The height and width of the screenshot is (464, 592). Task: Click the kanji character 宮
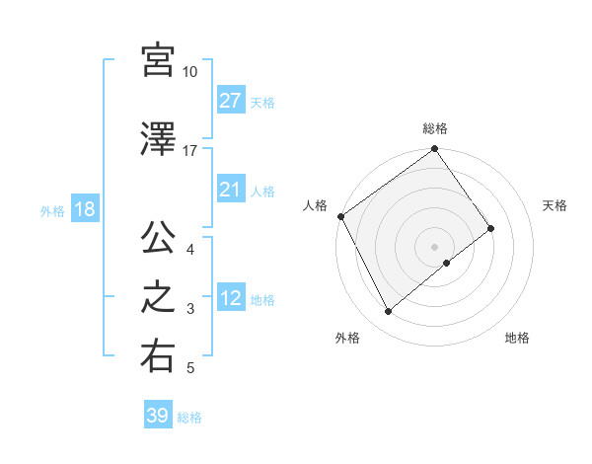click(x=158, y=60)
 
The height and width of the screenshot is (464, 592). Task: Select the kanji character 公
click(x=158, y=239)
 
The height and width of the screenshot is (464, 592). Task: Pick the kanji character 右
click(x=158, y=357)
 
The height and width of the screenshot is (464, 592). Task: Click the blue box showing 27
click(x=231, y=101)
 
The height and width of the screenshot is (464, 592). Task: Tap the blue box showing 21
click(x=231, y=190)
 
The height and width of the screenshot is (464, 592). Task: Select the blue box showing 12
click(x=231, y=298)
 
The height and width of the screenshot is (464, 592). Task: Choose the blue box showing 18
click(x=83, y=209)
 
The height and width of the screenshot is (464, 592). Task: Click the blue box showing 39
click(x=158, y=416)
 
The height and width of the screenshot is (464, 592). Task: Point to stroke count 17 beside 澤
click(x=190, y=151)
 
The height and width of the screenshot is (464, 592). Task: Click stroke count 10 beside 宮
click(x=190, y=72)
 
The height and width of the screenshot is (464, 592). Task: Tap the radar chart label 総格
click(x=435, y=128)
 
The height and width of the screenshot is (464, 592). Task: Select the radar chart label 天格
click(x=555, y=205)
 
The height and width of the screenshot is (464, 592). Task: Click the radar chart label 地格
click(x=517, y=339)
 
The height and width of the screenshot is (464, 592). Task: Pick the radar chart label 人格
click(x=316, y=205)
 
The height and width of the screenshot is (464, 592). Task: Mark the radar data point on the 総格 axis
click(x=435, y=150)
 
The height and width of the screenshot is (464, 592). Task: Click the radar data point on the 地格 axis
click(x=447, y=263)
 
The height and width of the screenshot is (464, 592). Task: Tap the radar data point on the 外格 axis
click(x=388, y=312)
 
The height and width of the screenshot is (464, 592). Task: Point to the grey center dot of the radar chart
click(x=435, y=246)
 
